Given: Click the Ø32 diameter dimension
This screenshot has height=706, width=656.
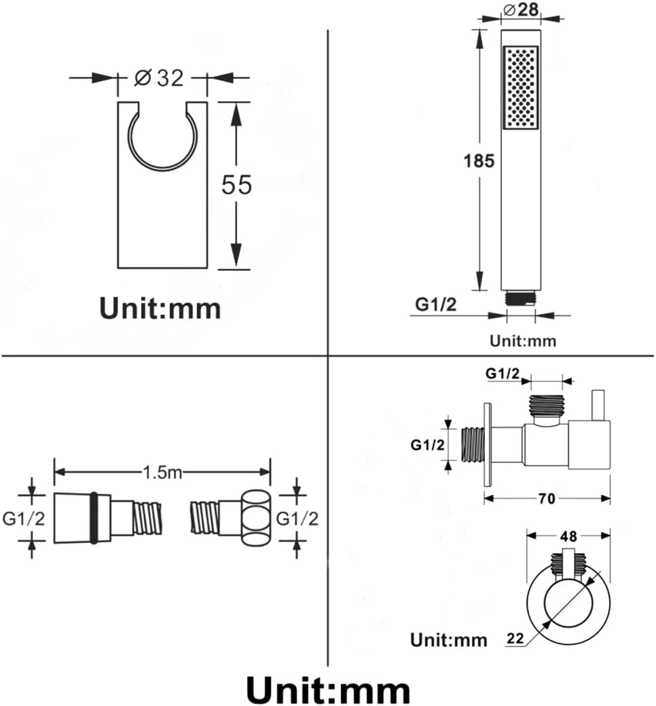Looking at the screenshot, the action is pos(160,78).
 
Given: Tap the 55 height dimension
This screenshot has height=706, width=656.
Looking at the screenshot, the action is pos(237,185).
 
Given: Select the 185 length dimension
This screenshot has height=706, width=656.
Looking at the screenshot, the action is pos(479,161).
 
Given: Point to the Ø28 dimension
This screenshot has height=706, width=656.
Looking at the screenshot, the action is pos(521,10).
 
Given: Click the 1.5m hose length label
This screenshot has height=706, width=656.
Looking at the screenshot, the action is pos(162,472).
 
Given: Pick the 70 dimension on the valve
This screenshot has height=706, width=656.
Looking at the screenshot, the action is pos(547,499).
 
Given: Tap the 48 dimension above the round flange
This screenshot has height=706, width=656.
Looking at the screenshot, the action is pos(568,536).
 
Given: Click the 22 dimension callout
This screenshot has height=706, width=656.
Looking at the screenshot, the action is pos(515,638).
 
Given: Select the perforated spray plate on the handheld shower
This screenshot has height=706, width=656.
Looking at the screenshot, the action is pos(521,88).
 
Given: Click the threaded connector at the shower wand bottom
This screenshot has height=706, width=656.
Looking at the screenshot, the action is pos(521,298).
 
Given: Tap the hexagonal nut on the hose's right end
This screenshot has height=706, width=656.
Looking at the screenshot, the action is pos(257,518).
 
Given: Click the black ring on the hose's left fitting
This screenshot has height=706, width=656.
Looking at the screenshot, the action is pos(94,518).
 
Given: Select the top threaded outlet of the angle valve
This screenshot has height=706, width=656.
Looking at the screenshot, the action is pos(546,404).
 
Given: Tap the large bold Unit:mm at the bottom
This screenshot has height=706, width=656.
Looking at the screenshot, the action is pos(328,689).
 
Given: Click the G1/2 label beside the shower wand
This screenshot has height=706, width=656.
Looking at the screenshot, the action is pos(435,304).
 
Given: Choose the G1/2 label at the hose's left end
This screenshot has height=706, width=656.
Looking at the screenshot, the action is pos(23,518).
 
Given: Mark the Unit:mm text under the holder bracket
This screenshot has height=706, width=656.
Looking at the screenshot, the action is pos(160,308).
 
